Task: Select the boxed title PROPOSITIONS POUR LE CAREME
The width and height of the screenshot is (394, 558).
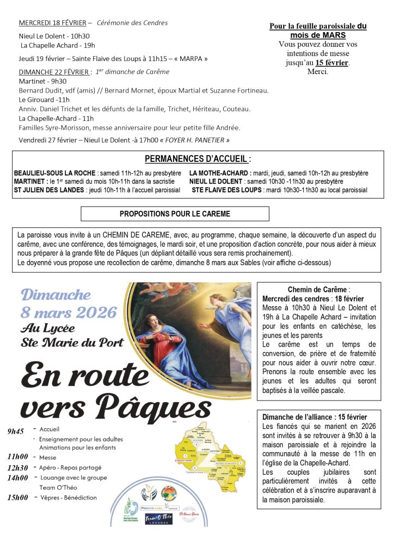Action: [x=175, y=214]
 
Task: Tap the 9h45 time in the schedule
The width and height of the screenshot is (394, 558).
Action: [x=16, y=432]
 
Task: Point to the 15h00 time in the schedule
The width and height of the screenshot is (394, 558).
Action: [x=17, y=498]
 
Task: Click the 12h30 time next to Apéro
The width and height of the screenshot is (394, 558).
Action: [x=17, y=468]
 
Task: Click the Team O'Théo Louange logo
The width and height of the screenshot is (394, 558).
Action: [x=158, y=518]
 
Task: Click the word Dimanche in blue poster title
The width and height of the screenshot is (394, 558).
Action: [x=56, y=295]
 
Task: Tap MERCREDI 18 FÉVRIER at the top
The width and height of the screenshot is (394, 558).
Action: [x=52, y=23]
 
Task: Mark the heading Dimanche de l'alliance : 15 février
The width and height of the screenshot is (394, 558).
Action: [x=315, y=417]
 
